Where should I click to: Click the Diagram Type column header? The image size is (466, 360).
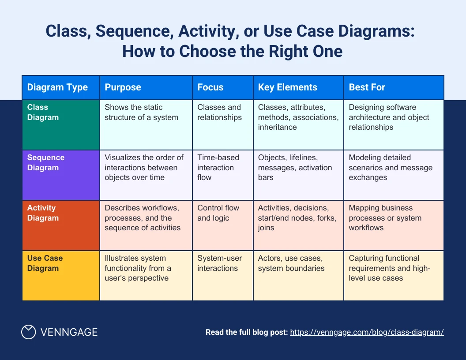[57, 87]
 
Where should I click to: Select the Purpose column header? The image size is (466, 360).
[123, 87]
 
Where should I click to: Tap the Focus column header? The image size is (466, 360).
[210, 87]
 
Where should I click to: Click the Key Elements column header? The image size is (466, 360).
[288, 87]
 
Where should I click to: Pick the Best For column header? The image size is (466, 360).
[367, 87]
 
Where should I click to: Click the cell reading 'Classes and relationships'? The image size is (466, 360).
[219, 112]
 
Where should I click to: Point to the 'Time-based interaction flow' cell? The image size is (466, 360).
[218, 168]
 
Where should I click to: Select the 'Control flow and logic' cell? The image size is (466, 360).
[218, 213]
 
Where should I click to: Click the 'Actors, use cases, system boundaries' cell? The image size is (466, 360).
[291, 263]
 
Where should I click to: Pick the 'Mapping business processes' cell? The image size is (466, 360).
[385, 218]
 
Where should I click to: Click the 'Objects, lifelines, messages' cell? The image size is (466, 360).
[295, 168]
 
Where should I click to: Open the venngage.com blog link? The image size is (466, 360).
[367, 332]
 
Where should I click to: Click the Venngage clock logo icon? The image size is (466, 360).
[29, 332]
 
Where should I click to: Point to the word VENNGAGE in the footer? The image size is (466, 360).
[69, 332]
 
